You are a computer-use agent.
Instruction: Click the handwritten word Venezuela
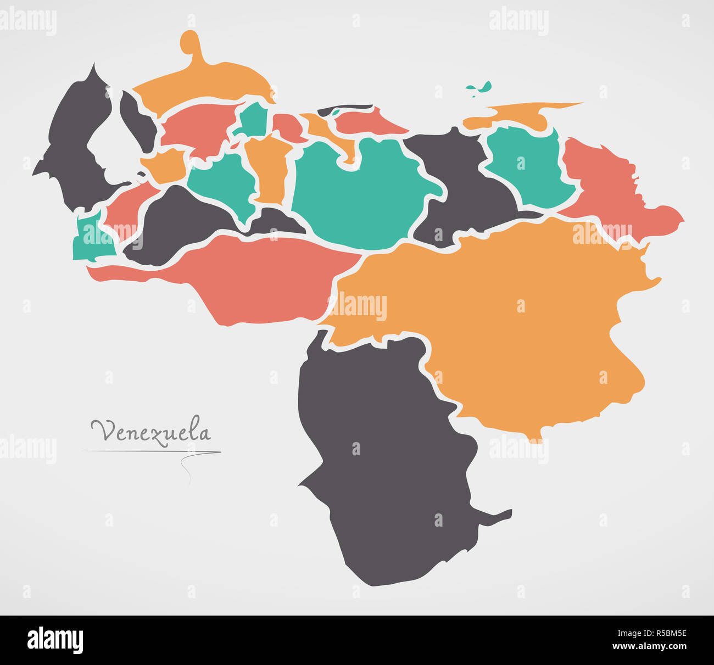point(150,432)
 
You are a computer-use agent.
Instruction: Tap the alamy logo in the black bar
point(55,640)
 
